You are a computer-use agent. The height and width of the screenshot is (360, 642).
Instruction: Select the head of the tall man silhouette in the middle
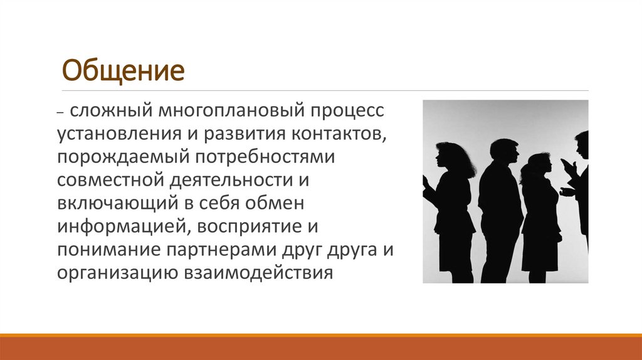(502, 152)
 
